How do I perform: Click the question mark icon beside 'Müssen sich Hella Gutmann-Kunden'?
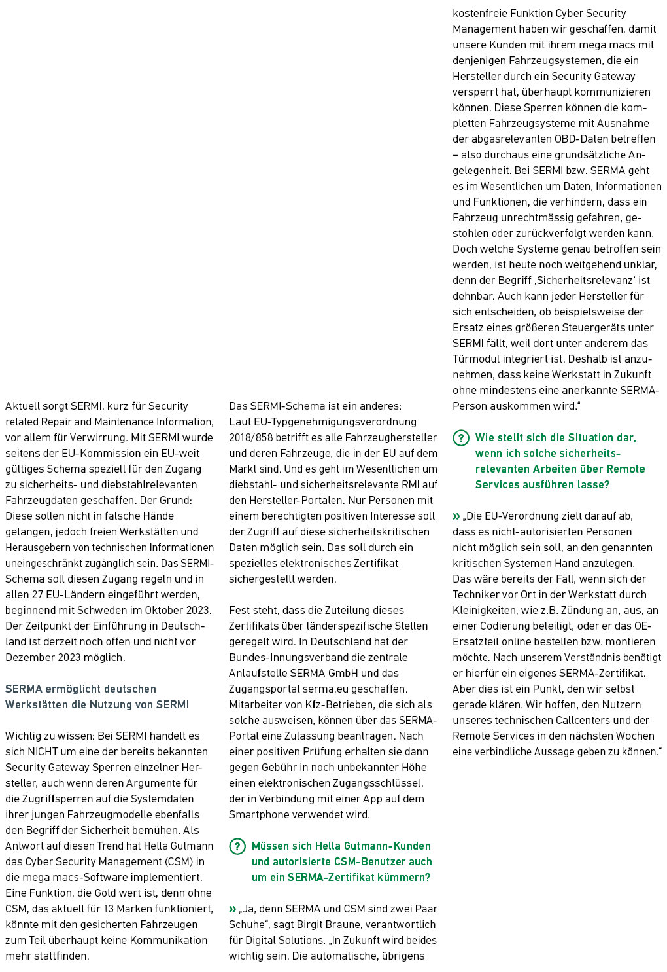[237, 846]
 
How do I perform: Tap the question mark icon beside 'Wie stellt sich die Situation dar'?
[461, 438]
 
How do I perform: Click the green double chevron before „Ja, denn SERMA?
[233, 909]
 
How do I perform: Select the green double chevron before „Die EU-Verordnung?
[456, 516]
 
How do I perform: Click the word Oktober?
[163, 611]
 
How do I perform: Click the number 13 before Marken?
[109, 909]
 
